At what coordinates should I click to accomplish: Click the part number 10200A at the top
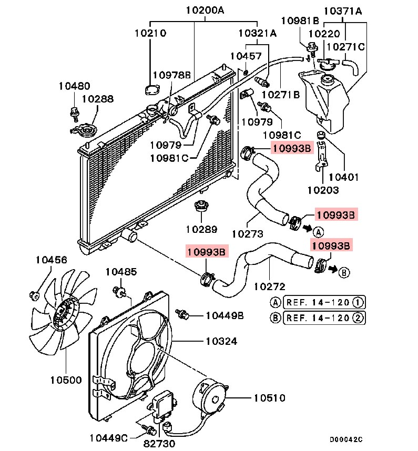pos(205,11)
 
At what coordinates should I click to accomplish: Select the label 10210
pos(150,33)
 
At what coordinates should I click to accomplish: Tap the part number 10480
pos(74,86)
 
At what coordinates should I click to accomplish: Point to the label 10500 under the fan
pos(66,380)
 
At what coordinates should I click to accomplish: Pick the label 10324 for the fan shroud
pos(221,342)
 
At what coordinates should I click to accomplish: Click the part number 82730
pos(159,444)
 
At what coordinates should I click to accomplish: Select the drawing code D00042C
pos(346,439)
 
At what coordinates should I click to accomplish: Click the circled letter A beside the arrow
pos(318,232)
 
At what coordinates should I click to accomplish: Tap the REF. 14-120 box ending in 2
pos(324,318)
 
